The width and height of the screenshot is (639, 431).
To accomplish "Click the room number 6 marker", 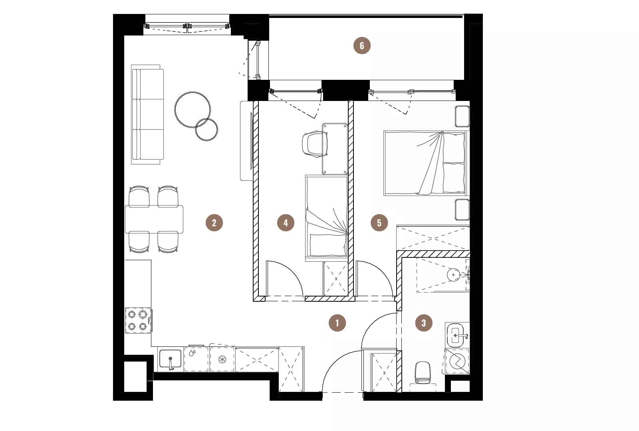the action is click(x=362, y=45).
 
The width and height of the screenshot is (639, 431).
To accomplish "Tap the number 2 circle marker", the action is click(x=214, y=223).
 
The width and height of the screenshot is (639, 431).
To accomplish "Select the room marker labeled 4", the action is click(x=286, y=223).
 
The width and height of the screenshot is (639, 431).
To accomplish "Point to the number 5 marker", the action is click(x=379, y=223).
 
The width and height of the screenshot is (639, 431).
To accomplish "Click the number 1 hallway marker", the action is click(x=337, y=323).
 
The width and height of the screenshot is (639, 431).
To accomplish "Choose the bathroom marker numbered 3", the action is click(x=424, y=323).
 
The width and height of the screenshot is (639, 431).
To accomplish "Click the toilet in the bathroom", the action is click(x=423, y=373).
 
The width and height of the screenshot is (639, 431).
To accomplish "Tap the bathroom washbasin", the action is click(x=457, y=335).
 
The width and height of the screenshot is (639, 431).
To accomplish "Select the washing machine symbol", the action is click(x=457, y=362).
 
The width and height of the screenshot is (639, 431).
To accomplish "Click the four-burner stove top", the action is click(x=138, y=320).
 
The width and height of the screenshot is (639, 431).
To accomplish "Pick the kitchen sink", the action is click(x=170, y=359).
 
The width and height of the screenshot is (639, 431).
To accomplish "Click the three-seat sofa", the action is click(x=147, y=114).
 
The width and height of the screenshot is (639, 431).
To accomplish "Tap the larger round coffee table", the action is click(x=192, y=110).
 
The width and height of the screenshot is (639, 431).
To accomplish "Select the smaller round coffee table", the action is click(x=206, y=130).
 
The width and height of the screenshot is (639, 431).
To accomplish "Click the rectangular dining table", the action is click(x=154, y=219).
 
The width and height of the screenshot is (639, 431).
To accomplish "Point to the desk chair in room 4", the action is click(x=314, y=144).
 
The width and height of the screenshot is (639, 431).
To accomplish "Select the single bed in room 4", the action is click(x=327, y=218).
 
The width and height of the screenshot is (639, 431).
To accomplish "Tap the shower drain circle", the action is click(x=453, y=275).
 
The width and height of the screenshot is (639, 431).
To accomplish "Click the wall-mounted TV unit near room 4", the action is click(x=246, y=141).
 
